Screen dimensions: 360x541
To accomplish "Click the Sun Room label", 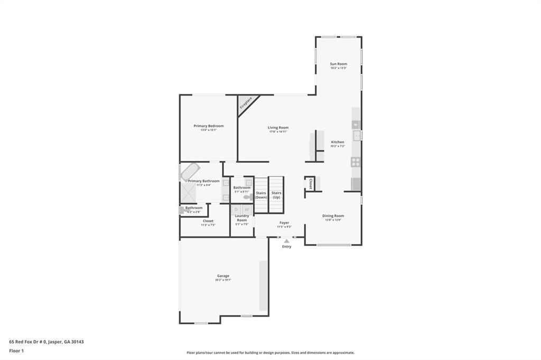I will click(339, 64).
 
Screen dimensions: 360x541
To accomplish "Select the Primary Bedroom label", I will click(209, 126).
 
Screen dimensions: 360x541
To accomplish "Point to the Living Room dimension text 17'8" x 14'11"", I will click(278, 131).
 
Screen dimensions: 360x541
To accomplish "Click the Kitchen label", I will click(338, 142).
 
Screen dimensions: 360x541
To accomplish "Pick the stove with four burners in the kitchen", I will click(356, 162).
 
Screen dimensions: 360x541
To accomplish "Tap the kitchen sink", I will click(357, 136).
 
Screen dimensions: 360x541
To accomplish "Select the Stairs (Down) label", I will click(261, 195).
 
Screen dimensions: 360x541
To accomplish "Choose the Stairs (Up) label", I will click(276, 195).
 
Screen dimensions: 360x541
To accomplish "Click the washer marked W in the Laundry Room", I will click(246, 210).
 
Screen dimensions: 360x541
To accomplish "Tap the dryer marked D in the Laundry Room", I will click(236, 210).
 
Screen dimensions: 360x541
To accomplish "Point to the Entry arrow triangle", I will click(286, 241).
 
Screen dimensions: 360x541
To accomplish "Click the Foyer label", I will click(284, 223).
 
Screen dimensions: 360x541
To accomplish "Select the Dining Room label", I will click(333, 215).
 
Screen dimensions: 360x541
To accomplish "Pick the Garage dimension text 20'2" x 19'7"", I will click(223, 280).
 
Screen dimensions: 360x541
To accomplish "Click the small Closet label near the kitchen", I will click(311, 184).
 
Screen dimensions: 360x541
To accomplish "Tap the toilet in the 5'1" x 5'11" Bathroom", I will click(247, 197).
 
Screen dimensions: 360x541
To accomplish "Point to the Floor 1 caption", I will click(16, 350).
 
